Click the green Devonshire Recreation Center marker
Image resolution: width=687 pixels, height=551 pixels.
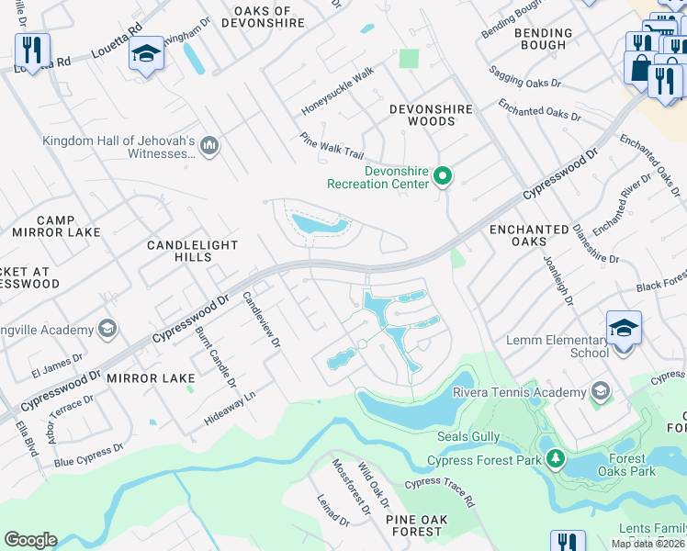[443, 174]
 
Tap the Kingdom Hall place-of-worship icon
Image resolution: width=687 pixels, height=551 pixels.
[209, 144]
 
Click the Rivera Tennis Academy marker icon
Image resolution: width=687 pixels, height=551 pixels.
[601, 392]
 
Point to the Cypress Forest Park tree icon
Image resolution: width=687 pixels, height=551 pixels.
[555, 457]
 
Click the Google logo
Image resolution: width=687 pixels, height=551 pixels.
[30, 540]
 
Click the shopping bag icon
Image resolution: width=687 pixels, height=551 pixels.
[638, 66]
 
